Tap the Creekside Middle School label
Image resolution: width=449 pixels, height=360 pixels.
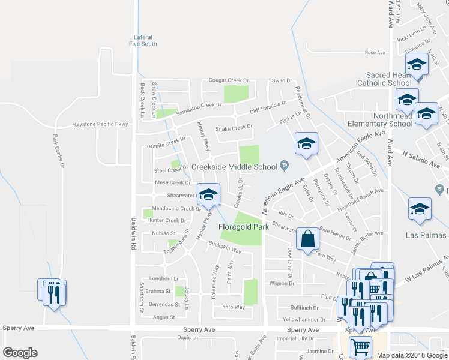[237, 166]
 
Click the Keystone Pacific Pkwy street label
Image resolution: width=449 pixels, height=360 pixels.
[101, 124]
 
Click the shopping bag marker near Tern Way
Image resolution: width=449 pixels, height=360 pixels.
[307, 238]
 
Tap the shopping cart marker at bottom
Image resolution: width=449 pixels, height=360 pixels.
[360, 346]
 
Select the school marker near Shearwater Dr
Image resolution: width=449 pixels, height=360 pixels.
[208, 194]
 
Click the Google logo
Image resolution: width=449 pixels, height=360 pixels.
[20, 353]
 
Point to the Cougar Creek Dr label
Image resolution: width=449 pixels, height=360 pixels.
[228, 80]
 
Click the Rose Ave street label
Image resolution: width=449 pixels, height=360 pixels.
[375, 53]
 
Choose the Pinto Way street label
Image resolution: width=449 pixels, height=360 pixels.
[232, 307]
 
